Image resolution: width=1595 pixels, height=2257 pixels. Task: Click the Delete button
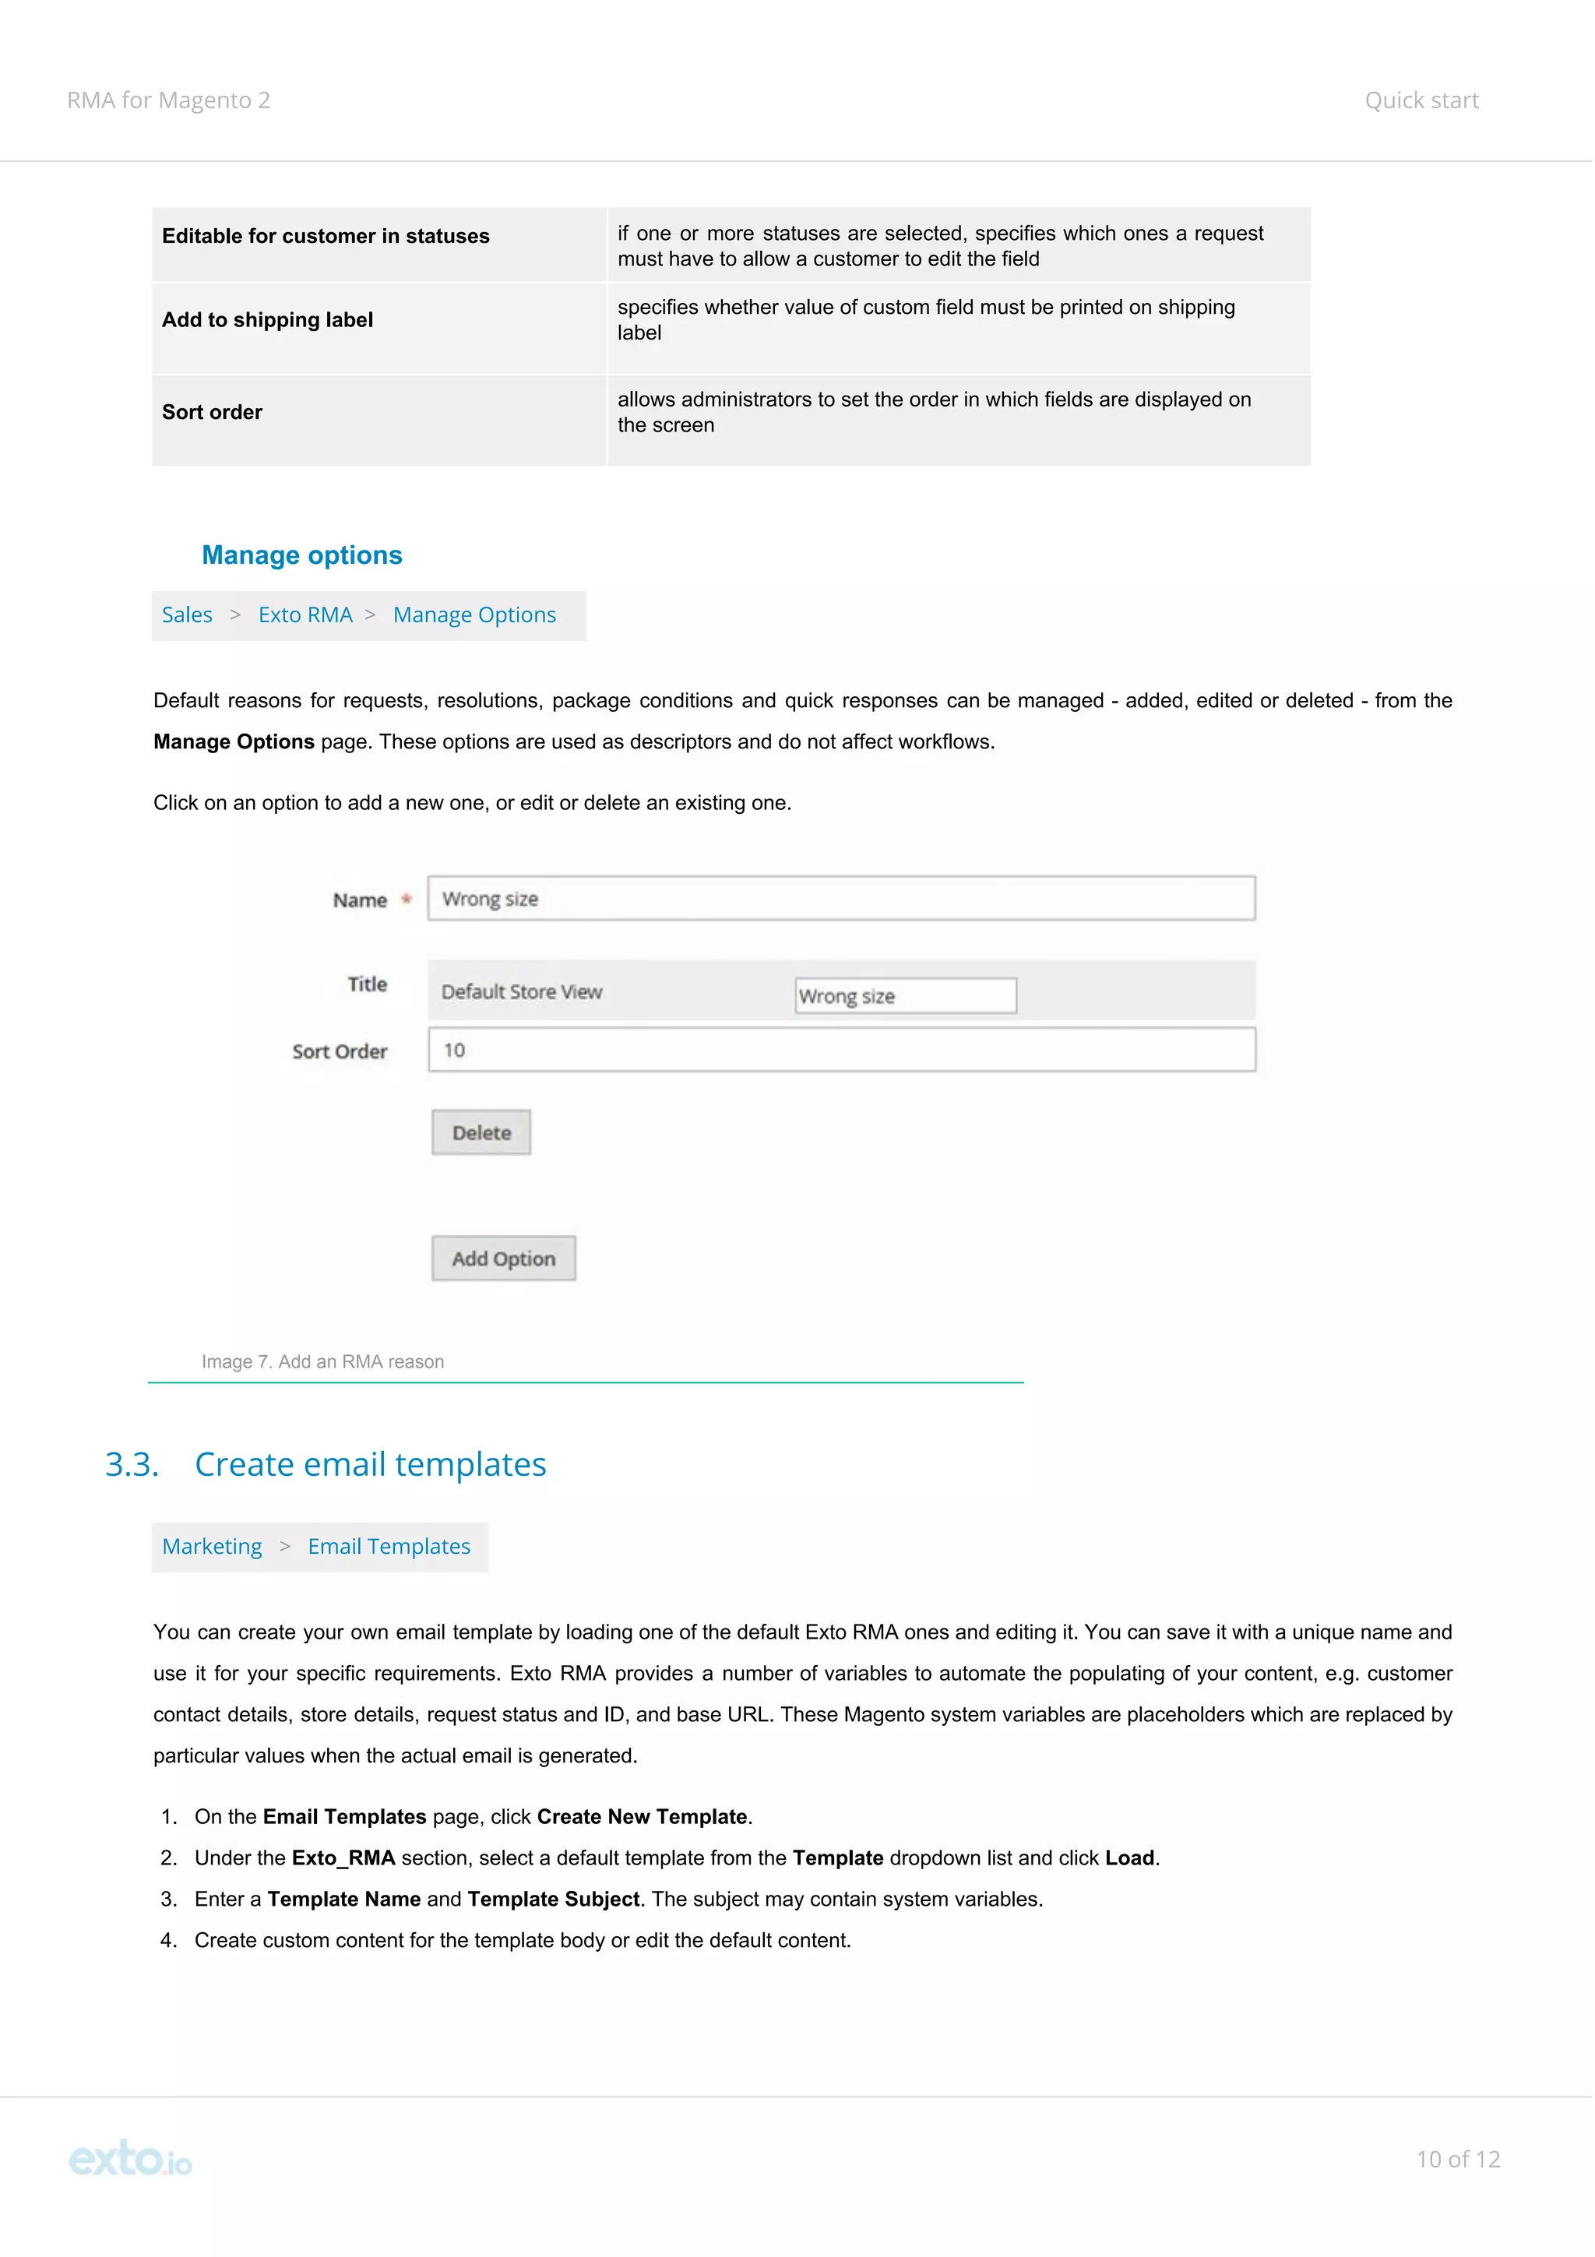[481, 1132]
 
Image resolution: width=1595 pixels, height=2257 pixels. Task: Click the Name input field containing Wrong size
[840, 899]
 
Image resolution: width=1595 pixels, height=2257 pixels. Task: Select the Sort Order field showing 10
[840, 1050]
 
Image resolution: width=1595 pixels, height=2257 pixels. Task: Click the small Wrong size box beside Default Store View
[904, 996]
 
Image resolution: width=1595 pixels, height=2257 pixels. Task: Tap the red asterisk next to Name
[406, 900]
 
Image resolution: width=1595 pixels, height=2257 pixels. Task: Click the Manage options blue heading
[301, 555]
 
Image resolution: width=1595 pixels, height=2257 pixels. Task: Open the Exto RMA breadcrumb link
[305, 615]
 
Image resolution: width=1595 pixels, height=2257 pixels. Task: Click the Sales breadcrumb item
[187, 615]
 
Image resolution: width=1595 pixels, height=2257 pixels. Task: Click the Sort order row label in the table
[213, 413]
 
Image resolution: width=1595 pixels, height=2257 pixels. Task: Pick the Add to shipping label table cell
[267, 320]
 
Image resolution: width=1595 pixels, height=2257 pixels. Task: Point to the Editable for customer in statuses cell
[326, 237]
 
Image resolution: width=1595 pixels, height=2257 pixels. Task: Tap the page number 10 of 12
[1456, 2160]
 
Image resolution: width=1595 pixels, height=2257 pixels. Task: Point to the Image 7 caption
[322, 1361]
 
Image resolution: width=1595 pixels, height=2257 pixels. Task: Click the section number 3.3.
[132, 1465]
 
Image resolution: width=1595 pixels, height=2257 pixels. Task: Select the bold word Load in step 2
[1129, 1858]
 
